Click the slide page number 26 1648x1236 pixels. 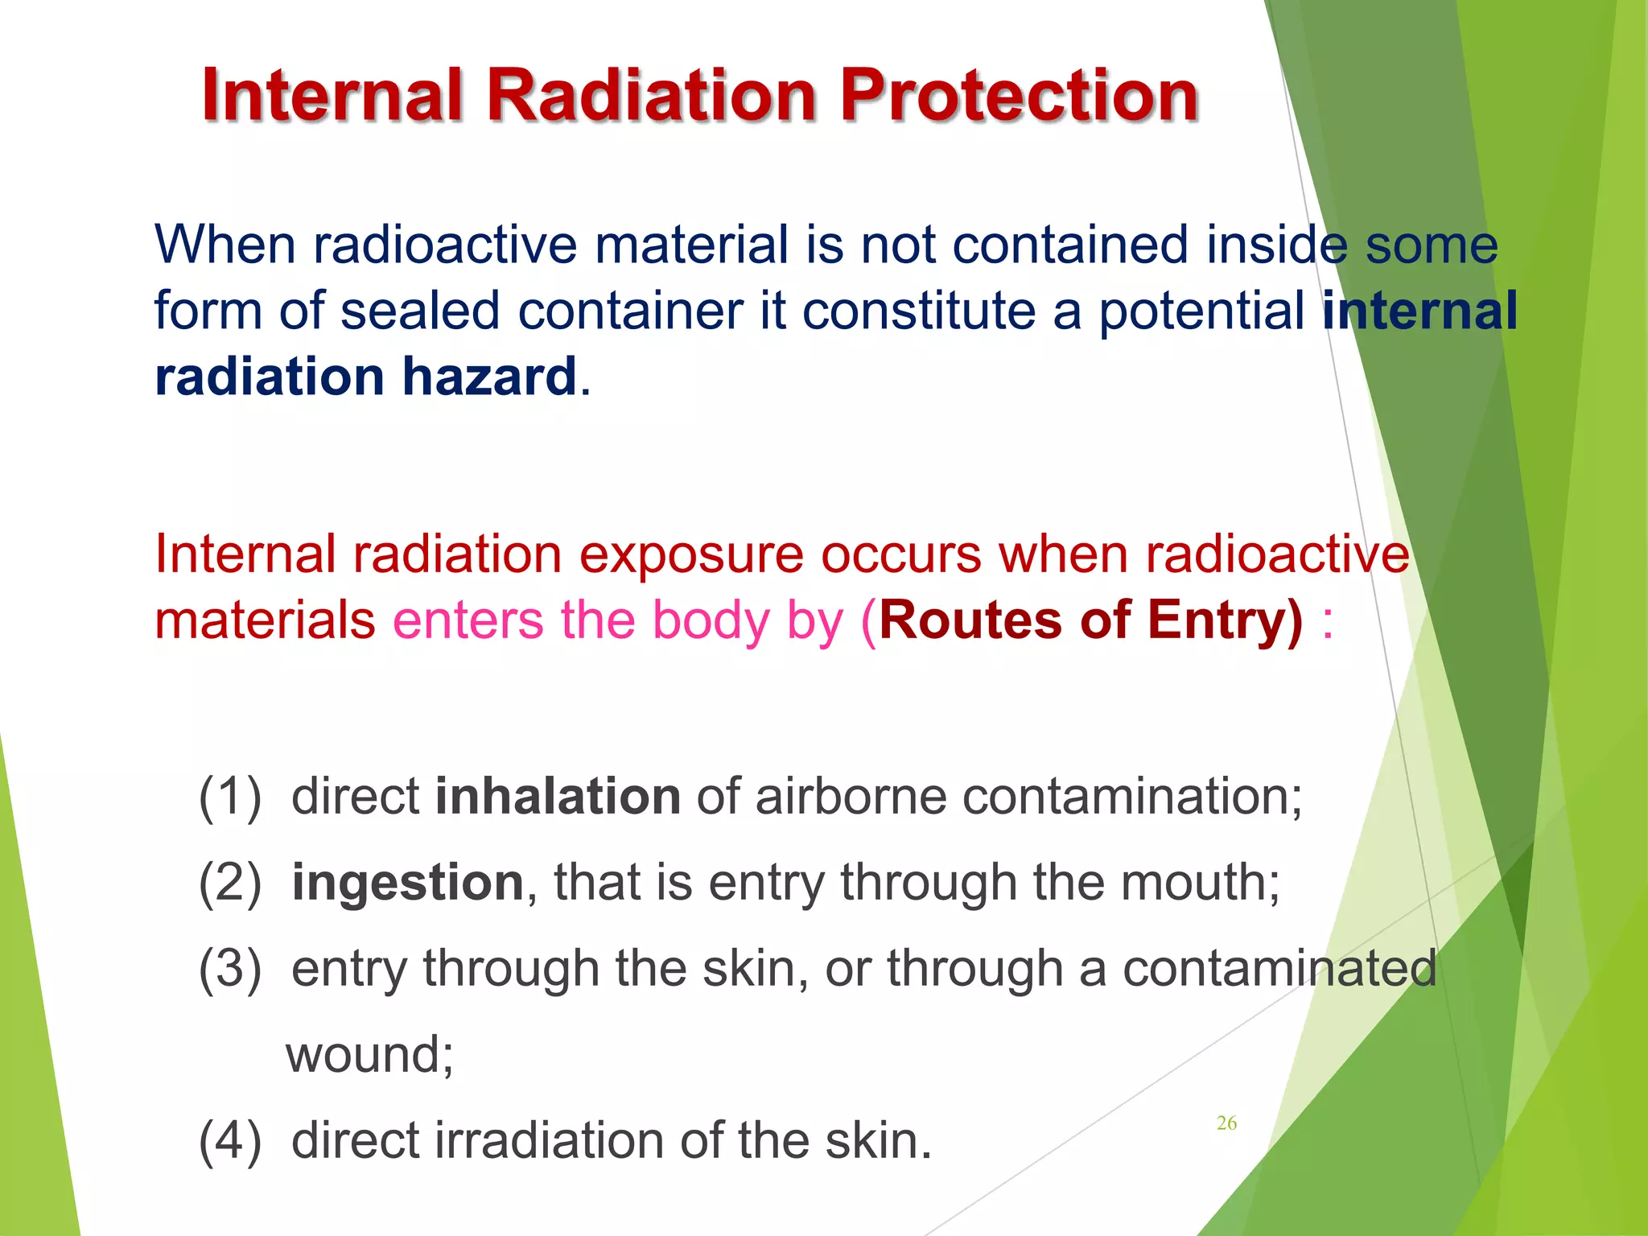pyautogui.click(x=1226, y=1123)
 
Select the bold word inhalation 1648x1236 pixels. pyautogui.click(x=558, y=797)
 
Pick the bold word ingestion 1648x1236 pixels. pyautogui.click(x=408, y=883)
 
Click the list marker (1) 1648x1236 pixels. pyautogui.click(x=230, y=797)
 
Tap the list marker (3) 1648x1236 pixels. pyautogui.click(x=230, y=969)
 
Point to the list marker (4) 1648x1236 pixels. pyautogui.click(x=230, y=1141)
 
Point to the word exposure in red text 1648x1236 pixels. pyautogui.click(x=691, y=554)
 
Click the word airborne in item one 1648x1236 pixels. pyautogui.click(x=851, y=797)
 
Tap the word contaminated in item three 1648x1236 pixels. pyautogui.click(x=1279, y=969)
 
